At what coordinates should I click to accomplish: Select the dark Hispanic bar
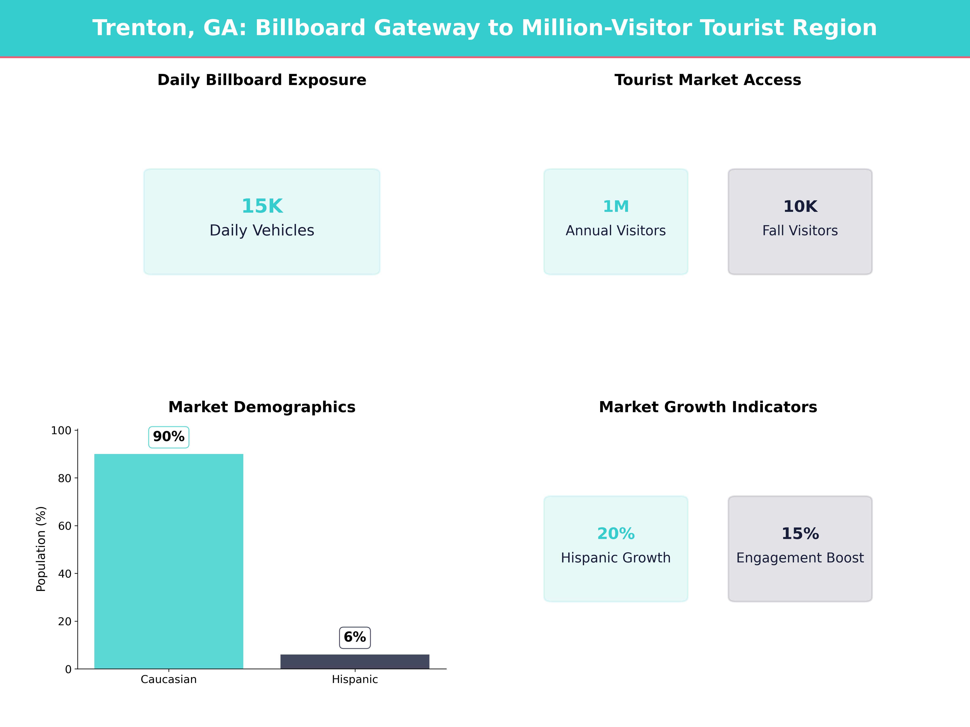point(355,661)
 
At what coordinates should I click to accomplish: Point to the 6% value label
point(355,637)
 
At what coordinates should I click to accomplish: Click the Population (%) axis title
point(41,549)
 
